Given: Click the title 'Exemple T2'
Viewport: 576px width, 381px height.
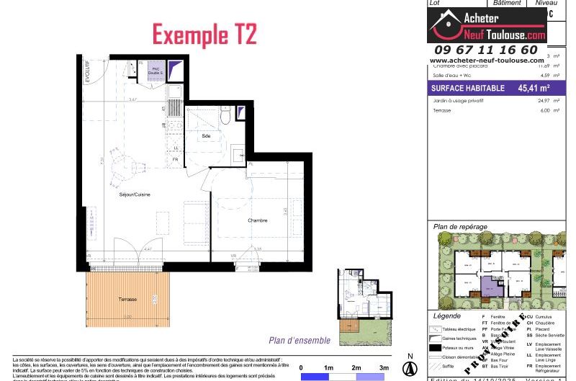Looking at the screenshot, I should [204, 33].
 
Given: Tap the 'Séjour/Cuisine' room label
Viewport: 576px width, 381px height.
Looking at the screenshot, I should [135, 195].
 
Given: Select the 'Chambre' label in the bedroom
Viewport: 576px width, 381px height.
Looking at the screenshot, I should [258, 220].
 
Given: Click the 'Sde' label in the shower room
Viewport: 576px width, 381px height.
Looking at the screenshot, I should [206, 135].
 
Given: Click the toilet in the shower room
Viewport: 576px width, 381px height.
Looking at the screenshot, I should [225, 115].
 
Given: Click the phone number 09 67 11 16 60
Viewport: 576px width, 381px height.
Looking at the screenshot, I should [487, 50].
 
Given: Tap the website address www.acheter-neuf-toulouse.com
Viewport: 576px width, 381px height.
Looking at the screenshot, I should [487, 60].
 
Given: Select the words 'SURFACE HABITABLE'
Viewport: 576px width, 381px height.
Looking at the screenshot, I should [463, 89].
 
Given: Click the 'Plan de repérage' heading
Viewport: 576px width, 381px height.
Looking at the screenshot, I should [460, 227].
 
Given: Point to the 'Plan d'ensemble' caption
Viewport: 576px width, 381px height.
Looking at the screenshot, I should [300, 341].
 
